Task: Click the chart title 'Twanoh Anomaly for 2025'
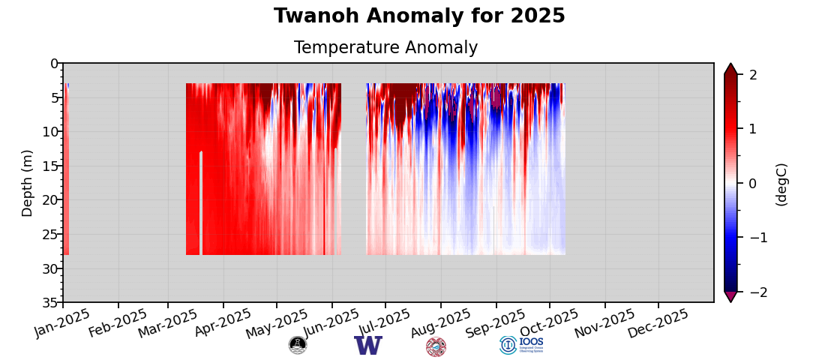tap(419, 16)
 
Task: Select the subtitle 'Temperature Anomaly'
tap(385, 48)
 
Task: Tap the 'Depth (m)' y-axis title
tap(28, 183)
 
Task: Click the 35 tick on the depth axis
tap(49, 302)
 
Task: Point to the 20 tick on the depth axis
tap(49, 199)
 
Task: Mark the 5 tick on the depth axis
tap(53, 97)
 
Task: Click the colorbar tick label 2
tap(753, 75)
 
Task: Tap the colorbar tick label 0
tap(753, 184)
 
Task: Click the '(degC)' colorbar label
tap(781, 184)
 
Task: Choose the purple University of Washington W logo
tap(368, 346)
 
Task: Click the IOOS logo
tap(522, 345)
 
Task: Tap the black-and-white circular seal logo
tap(298, 345)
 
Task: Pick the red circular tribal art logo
tap(436, 346)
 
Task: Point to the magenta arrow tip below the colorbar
tap(730, 297)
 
